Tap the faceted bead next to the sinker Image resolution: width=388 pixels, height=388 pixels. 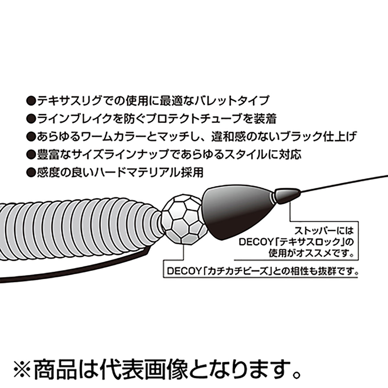click(184, 220)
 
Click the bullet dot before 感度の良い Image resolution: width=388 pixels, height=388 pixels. click(31, 173)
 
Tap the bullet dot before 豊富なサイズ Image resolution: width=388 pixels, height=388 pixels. click(31, 155)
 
